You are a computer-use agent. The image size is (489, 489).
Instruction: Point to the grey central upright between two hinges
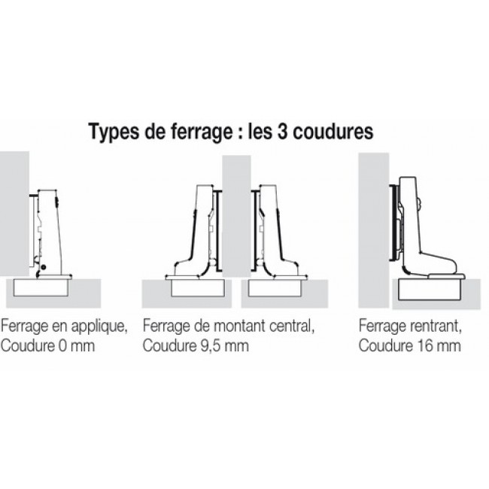point(236,218)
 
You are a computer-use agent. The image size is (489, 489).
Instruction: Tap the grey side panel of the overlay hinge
point(14,211)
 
